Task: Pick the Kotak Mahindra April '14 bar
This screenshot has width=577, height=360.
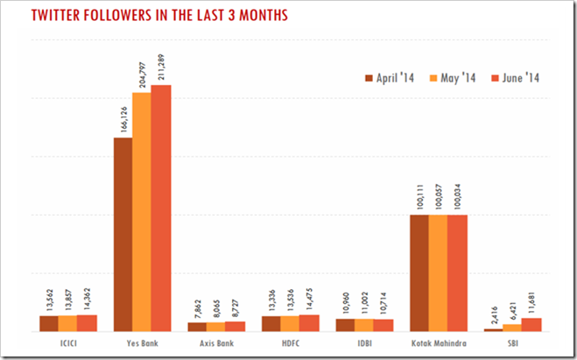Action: (x=419, y=272)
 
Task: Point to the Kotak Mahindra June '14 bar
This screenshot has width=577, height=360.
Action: (x=457, y=272)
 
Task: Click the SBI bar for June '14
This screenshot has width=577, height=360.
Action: (x=531, y=324)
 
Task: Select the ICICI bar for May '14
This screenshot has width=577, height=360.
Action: (x=67, y=322)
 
